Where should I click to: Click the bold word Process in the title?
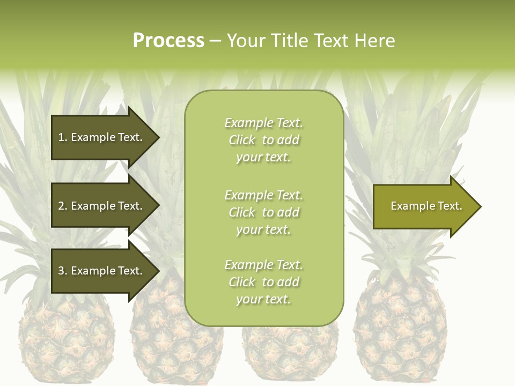tap(168, 41)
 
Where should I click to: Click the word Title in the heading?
tap(290, 41)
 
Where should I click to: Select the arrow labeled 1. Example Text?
tap(102, 137)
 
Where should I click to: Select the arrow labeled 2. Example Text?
tap(102, 206)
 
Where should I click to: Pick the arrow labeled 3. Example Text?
tap(102, 271)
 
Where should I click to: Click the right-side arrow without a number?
tap(424, 206)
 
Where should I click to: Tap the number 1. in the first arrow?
tap(63, 137)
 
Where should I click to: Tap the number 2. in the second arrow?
tap(63, 206)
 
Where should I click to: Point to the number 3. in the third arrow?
tap(63, 271)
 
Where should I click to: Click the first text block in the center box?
tap(263, 140)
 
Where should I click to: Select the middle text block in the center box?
tap(263, 212)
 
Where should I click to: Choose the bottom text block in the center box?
tap(263, 282)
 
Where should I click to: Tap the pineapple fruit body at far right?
tap(400, 327)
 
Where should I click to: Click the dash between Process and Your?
tap(215, 41)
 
